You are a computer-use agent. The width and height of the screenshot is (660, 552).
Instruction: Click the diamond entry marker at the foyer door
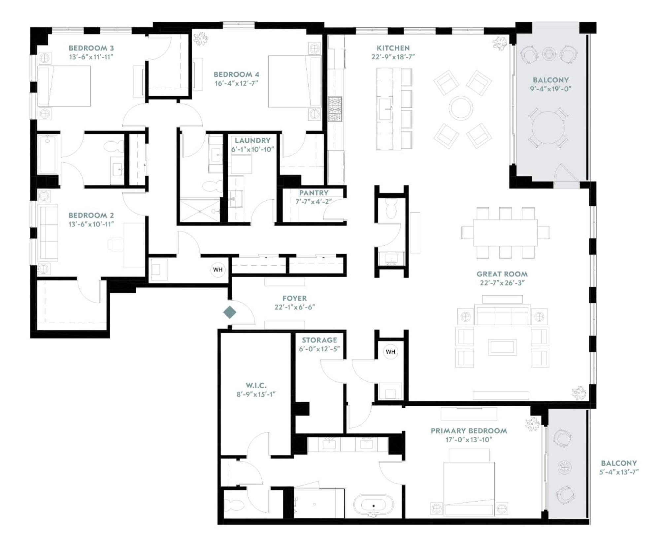(230, 312)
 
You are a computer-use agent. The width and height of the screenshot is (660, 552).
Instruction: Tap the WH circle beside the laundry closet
(218, 270)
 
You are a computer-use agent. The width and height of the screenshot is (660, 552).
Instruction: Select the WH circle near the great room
(390, 352)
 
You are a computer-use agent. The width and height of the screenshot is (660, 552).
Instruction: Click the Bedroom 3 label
(91, 48)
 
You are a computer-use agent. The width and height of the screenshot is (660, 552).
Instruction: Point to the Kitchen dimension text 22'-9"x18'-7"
(393, 57)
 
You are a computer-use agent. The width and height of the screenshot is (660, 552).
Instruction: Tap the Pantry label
(313, 193)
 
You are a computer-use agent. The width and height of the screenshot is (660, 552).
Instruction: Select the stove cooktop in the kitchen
(335, 109)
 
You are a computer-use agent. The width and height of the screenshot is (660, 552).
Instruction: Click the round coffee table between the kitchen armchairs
(461, 108)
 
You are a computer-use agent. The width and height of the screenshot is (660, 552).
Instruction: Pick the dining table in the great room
(505, 232)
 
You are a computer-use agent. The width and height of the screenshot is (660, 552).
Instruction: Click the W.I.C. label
(256, 385)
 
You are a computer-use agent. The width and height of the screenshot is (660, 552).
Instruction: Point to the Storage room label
(319, 340)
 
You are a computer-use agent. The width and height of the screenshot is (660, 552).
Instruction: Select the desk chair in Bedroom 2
(116, 245)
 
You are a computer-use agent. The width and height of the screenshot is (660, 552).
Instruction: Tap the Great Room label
(502, 274)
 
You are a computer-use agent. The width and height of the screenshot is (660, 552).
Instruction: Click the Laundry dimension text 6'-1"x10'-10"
(252, 149)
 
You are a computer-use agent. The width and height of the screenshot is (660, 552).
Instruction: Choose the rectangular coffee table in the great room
(503, 347)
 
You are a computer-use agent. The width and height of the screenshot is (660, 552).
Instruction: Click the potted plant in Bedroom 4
(200, 39)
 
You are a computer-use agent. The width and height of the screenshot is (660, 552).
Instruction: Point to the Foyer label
(294, 298)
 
